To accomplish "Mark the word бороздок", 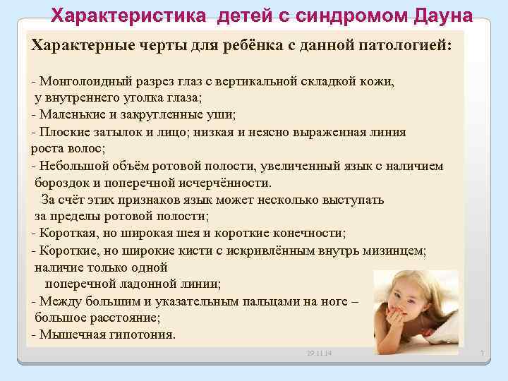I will pyautogui.click(x=60, y=183).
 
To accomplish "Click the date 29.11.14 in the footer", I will pyautogui.click(x=320, y=352).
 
